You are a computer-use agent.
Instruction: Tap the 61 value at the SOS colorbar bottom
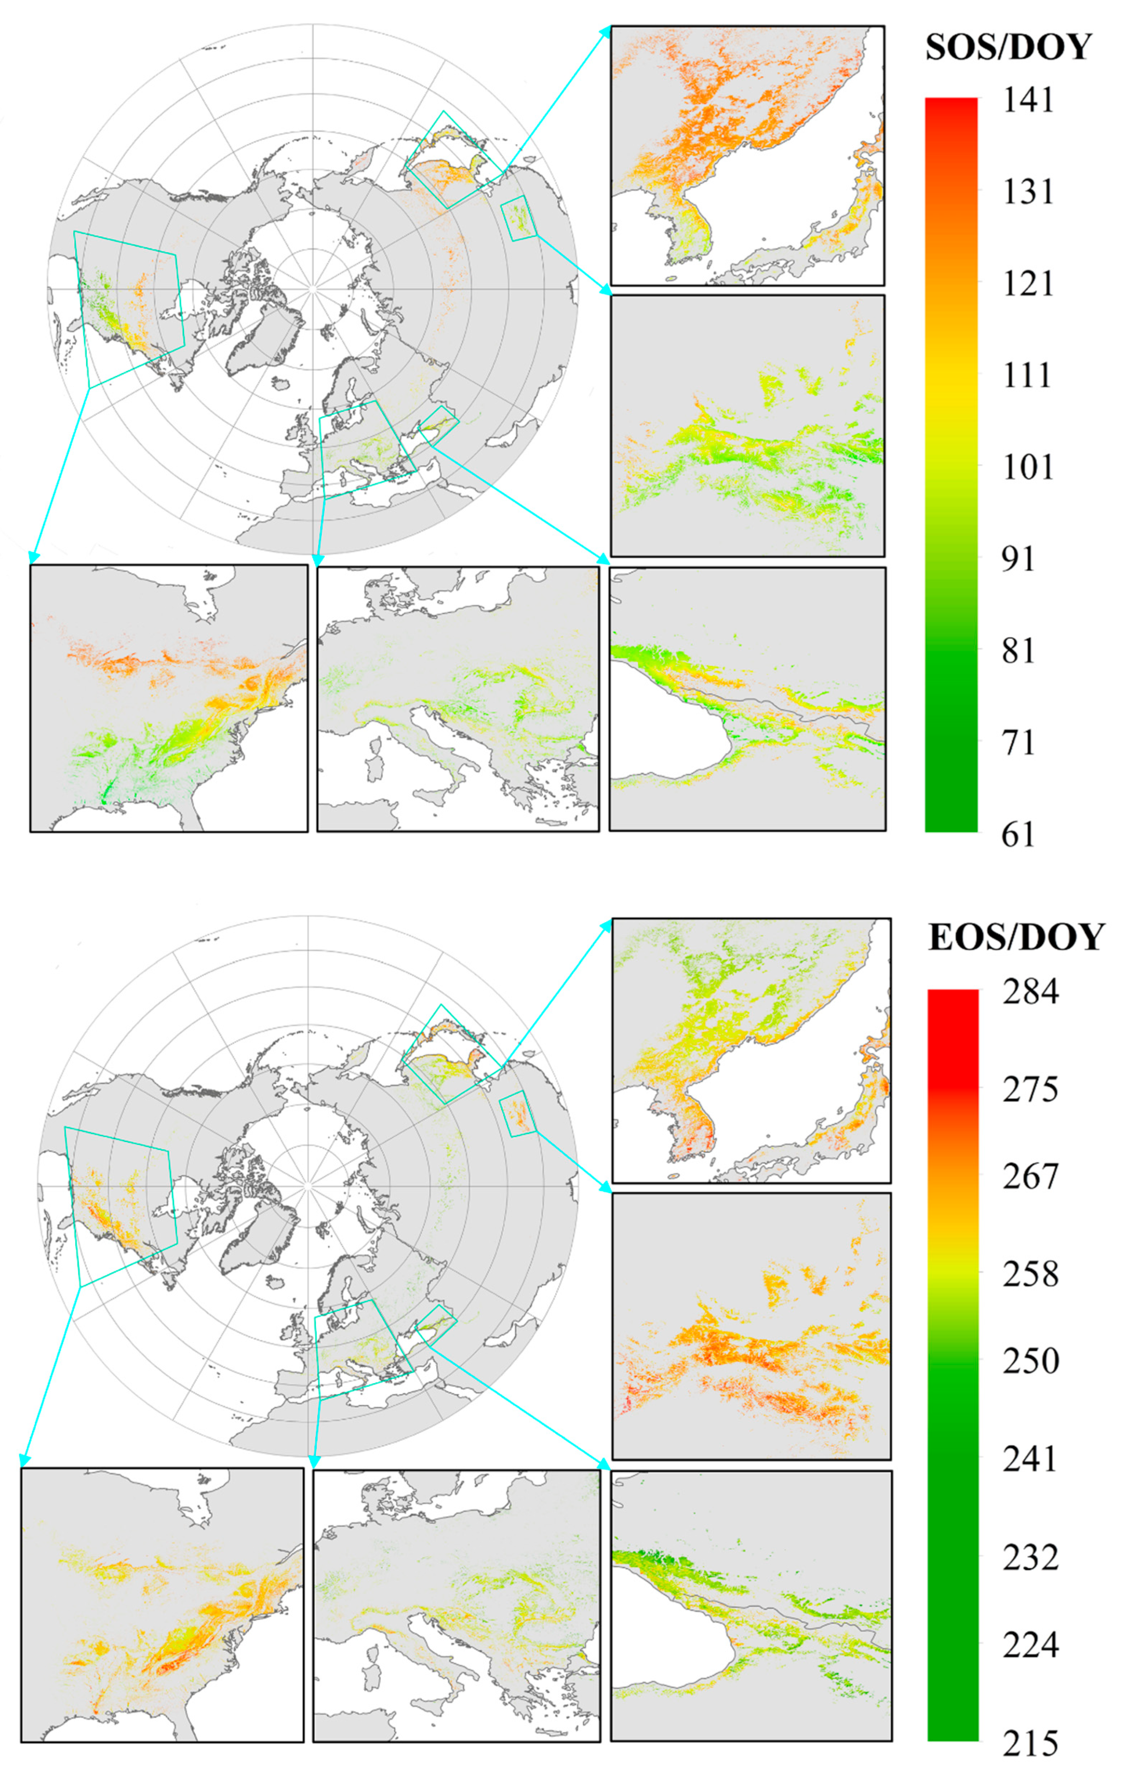click(x=1019, y=835)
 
